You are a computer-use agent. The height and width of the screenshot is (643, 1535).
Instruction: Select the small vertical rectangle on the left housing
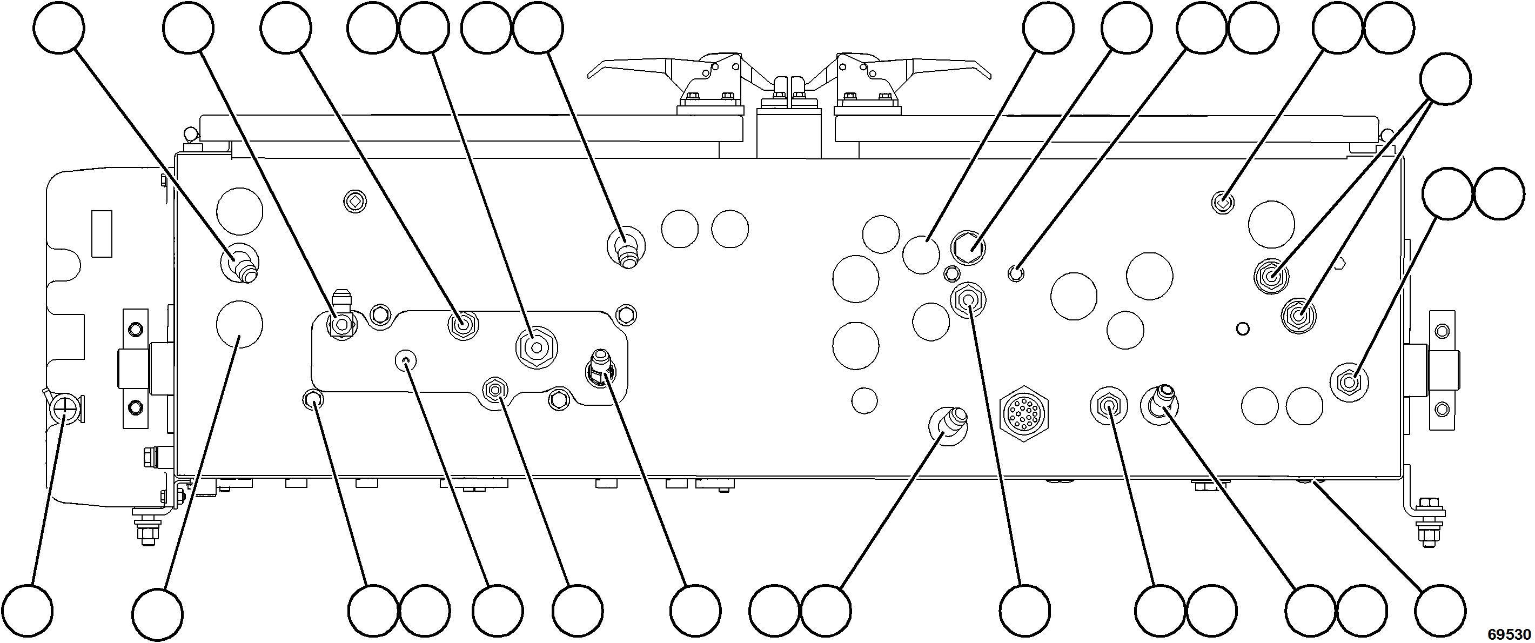(x=102, y=233)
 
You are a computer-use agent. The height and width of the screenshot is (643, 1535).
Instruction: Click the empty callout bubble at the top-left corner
(x=59, y=28)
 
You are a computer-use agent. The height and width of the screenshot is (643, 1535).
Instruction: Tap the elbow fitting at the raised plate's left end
(x=341, y=319)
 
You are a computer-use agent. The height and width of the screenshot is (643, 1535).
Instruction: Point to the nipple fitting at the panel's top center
(x=626, y=249)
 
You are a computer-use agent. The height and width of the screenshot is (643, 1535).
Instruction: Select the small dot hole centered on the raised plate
(x=406, y=360)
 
